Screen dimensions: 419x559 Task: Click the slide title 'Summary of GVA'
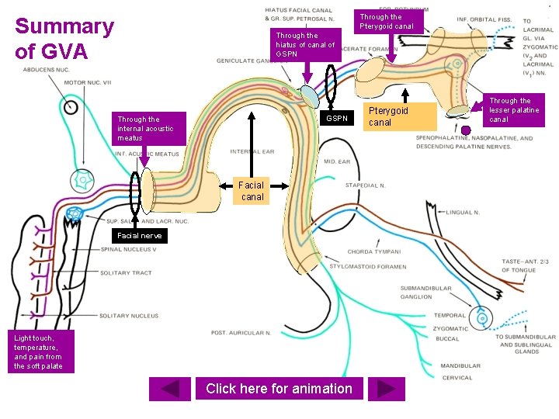pos(64,38)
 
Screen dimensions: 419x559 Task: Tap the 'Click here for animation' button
pos(279,389)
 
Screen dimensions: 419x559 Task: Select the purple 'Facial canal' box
pos(252,191)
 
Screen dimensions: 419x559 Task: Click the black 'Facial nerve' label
pos(140,235)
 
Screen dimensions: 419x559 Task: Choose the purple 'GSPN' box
pos(337,119)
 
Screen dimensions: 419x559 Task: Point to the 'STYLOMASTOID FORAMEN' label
pos(367,267)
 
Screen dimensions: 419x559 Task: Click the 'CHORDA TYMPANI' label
pos(373,251)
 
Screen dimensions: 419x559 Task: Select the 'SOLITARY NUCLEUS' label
pos(129,316)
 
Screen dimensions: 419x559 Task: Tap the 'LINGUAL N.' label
pos(464,212)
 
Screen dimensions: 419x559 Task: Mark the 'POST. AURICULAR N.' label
pos(241,333)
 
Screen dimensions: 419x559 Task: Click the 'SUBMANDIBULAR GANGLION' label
pos(426,293)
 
